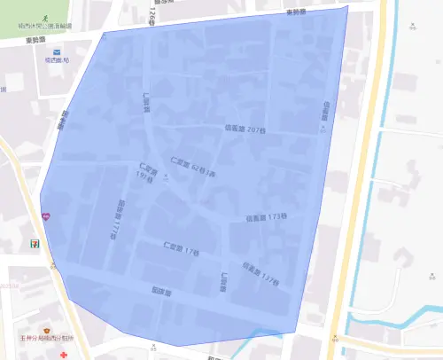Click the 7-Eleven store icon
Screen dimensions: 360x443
click(35, 241)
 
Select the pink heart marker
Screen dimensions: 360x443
click(45, 216)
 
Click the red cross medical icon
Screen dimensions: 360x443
click(63, 354)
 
